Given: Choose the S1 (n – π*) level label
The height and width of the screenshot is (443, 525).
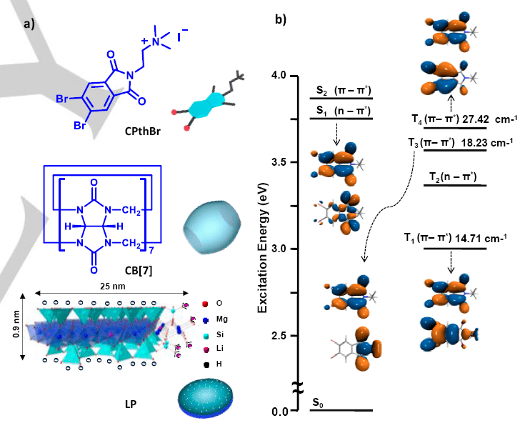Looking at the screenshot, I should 341,110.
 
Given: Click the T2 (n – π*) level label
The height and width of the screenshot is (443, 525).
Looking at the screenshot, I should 453,176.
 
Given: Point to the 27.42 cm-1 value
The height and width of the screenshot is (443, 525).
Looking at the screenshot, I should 486,119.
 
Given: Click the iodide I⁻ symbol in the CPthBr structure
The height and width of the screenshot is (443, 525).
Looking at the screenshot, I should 183,32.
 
